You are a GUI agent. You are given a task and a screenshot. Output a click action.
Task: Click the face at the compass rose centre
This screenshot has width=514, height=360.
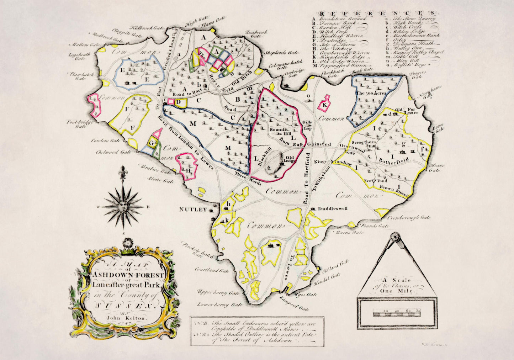pyautogui.click(x=123, y=206)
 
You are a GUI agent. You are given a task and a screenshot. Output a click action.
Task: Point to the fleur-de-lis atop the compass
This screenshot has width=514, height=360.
pyautogui.click(x=123, y=171)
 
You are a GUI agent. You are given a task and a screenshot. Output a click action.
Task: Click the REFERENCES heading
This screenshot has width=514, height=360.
pyautogui.click(x=376, y=12)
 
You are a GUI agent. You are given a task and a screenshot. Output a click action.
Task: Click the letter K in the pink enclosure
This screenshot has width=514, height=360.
pyautogui.click(x=324, y=105)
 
